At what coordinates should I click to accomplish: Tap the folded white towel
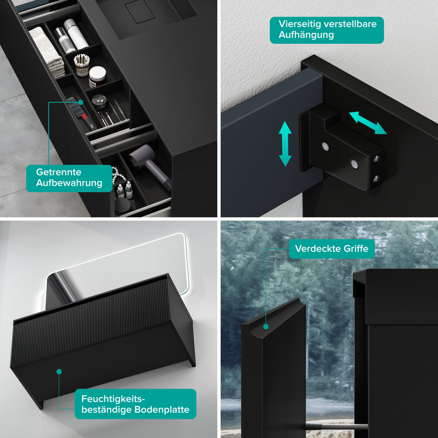(47, 51)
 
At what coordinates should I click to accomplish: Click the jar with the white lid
(97, 76)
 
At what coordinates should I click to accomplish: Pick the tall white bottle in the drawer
(76, 34)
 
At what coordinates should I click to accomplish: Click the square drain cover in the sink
(140, 12)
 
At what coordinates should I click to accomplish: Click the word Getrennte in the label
(58, 172)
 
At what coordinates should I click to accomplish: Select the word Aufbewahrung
(69, 183)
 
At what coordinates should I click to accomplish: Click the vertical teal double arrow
(285, 144)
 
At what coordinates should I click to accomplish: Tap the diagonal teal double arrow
(367, 123)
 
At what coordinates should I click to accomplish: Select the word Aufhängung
(306, 35)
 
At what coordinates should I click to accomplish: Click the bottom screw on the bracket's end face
(376, 178)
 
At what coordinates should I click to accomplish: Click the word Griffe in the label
(356, 249)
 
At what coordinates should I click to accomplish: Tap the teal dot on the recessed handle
(266, 327)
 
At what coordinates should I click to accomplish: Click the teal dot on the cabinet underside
(59, 372)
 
